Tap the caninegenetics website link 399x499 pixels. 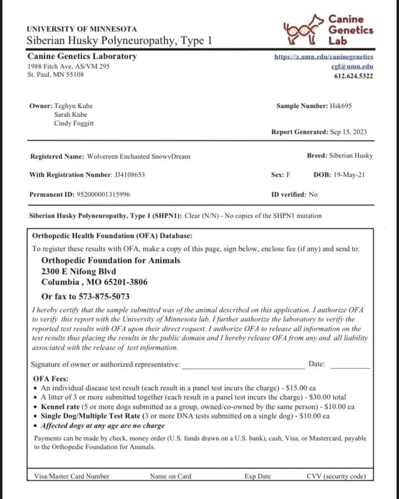click(x=323, y=57)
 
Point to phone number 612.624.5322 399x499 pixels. click(x=353, y=76)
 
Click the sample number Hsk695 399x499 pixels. click(x=341, y=106)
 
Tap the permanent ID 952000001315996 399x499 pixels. click(x=103, y=195)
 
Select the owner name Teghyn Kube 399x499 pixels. click(x=74, y=106)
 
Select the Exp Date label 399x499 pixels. click(x=257, y=476)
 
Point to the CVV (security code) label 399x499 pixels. click(x=336, y=476)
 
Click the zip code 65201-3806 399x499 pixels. click(x=124, y=282)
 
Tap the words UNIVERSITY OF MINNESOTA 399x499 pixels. click(x=81, y=29)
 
